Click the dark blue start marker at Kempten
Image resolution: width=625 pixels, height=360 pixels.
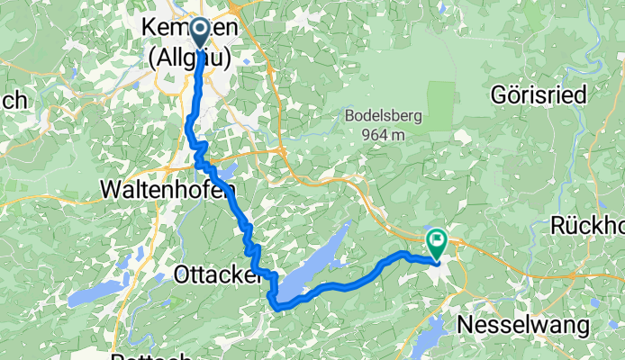point(198,32)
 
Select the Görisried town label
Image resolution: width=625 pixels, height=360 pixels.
point(539,94)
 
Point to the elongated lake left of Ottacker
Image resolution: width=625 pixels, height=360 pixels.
point(99,291)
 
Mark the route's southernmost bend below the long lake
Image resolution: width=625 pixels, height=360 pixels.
point(281,307)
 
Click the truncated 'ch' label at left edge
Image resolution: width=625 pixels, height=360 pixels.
point(13,101)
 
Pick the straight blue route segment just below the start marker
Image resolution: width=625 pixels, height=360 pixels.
point(199,81)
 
